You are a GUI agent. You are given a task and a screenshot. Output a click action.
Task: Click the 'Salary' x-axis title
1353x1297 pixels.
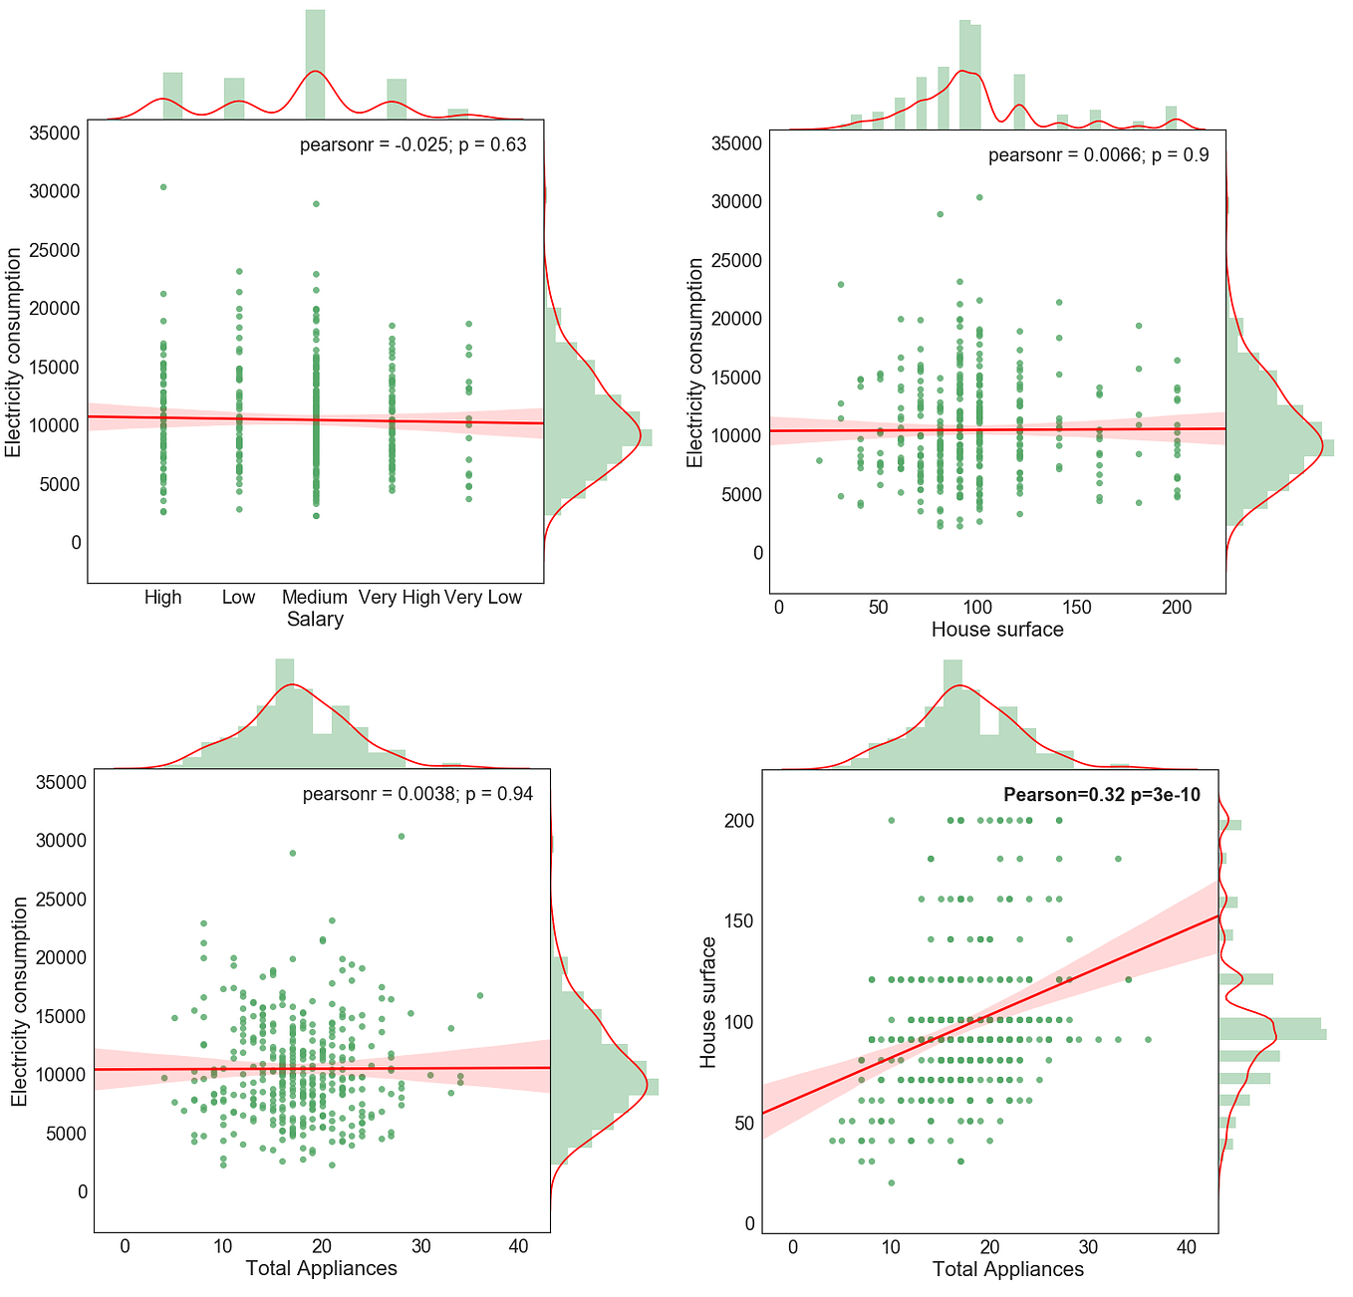(315, 620)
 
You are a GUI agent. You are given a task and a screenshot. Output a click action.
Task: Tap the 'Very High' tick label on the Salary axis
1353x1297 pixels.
(399, 598)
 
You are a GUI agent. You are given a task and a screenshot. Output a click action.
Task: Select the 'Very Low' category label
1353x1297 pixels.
(483, 598)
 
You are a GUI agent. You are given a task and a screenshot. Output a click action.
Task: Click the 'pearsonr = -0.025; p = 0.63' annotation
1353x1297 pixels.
(412, 145)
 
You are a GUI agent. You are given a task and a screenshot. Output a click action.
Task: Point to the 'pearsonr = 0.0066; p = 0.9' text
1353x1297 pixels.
(1098, 155)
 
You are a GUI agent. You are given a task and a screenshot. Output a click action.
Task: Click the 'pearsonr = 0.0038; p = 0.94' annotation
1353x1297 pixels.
(416, 795)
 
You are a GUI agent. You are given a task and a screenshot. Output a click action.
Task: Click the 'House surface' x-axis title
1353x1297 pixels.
(996, 630)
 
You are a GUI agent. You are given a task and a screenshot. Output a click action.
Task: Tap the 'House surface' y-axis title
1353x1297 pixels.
(708, 1002)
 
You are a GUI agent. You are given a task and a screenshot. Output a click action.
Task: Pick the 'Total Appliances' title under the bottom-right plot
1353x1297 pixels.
(1007, 1270)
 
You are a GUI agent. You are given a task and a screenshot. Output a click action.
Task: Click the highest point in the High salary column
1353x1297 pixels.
(163, 187)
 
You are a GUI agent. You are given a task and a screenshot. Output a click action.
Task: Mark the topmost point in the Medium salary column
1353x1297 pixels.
(316, 204)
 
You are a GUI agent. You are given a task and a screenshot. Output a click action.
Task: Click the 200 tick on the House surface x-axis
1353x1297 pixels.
(1177, 608)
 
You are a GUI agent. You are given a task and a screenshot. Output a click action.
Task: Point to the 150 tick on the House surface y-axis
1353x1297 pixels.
(740, 921)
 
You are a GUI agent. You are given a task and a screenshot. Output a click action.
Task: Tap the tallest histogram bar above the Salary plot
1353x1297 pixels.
(315, 60)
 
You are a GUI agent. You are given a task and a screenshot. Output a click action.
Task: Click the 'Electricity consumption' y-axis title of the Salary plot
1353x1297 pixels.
(13, 354)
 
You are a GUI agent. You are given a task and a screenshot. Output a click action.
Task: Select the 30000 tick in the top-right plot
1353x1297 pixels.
(736, 202)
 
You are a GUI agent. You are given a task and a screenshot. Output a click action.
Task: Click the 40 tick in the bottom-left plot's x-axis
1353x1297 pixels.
(518, 1246)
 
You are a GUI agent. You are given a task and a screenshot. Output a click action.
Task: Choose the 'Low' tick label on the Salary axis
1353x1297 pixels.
(238, 598)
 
